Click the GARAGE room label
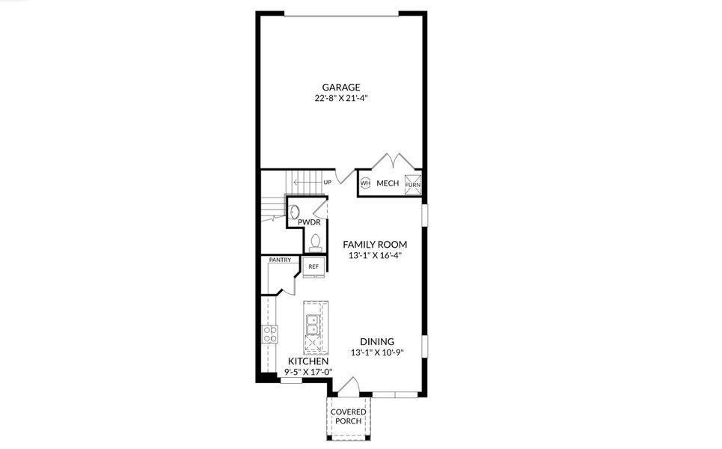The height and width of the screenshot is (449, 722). tap(341, 87)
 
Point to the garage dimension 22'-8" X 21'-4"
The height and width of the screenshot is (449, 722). tap(341, 98)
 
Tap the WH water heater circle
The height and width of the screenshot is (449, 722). tap(365, 183)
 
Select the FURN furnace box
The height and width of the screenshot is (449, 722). tap(413, 183)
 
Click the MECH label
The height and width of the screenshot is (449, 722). tap(388, 183)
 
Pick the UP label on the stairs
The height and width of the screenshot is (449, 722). tap(327, 182)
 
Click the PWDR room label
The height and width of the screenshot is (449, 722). tap(309, 222)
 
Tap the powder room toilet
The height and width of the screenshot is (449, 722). tap(316, 242)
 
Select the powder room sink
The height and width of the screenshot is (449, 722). tap(295, 212)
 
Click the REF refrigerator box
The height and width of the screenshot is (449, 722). tap(313, 266)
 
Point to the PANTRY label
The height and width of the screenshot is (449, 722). tap(280, 260)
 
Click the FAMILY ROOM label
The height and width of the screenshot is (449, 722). tap(375, 244)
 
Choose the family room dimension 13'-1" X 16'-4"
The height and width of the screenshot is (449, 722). tap(375, 255)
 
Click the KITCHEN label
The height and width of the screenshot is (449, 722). tap(309, 361)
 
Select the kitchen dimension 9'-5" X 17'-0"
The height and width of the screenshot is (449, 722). tap(309, 371)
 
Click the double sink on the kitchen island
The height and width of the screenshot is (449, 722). tap(315, 323)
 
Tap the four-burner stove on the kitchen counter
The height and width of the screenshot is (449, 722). tap(269, 334)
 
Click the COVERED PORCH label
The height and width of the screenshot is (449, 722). tap(349, 416)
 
